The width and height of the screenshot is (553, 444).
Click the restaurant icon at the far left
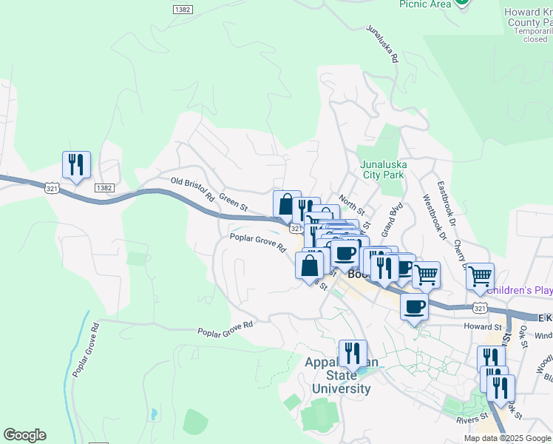click(x=76, y=164)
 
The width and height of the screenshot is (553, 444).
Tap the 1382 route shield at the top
click(x=183, y=9)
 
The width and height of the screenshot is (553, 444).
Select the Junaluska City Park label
click(x=382, y=170)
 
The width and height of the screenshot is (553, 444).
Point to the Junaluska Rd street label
click(x=382, y=44)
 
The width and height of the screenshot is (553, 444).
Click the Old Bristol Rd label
click(x=191, y=189)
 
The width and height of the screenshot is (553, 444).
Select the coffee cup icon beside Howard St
click(x=415, y=306)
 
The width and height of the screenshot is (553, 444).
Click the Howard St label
click(x=482, y=326)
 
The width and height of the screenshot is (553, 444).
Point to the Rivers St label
click(x=469, y=420)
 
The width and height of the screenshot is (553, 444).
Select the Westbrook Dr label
click(x=435, y=218)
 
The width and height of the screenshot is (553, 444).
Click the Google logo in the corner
click(x=24, y=435)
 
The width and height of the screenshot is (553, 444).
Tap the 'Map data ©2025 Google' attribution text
click(x=507, y=438)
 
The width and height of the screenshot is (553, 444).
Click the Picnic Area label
click(x=425, y=4)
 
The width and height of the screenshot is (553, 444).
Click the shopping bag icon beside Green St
click(x=286, y=203)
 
